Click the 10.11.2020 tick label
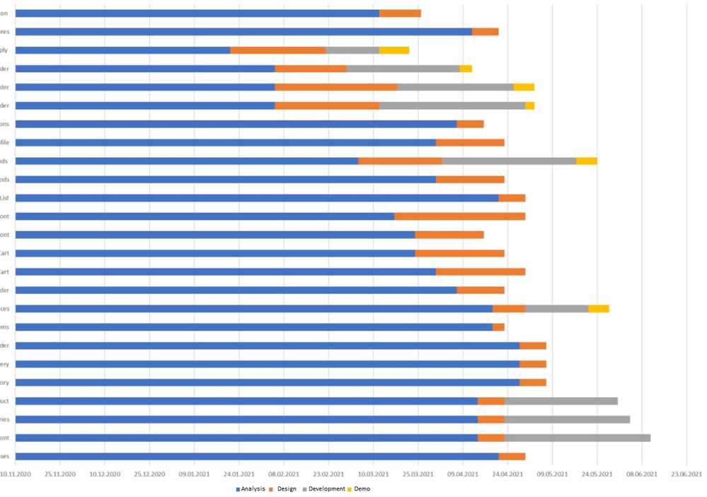coord(15,474)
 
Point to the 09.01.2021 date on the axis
coord(194,474)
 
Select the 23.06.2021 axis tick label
coord(686,474)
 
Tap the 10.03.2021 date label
coord(373,474)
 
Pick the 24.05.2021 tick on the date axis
coord(597,474)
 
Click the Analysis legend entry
coord(251,489)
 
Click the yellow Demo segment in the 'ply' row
coord(393,50)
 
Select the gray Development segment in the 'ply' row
coord(352,50)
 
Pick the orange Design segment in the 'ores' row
coord(485,32)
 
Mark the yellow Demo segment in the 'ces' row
coord(598,309)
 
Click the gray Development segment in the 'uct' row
coord(561,401)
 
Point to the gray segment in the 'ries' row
coord(567,419)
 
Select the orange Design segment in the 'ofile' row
coord(470,142)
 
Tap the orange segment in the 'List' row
coord(512,198)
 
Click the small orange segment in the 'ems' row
coord(498,327)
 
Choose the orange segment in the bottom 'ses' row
coord(512,456)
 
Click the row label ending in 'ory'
coord(5,382)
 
